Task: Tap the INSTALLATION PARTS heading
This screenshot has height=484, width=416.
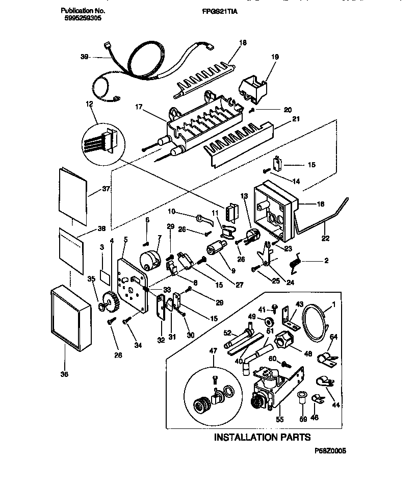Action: [x=262, y=437]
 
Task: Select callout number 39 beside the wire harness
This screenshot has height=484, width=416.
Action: [x=85, y=58]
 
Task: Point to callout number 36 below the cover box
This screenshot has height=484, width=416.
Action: [x=65, y=375]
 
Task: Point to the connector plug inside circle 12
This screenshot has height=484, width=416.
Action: [x=107, y=141]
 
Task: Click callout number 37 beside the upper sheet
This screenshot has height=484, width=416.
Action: [x=106, y=189]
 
